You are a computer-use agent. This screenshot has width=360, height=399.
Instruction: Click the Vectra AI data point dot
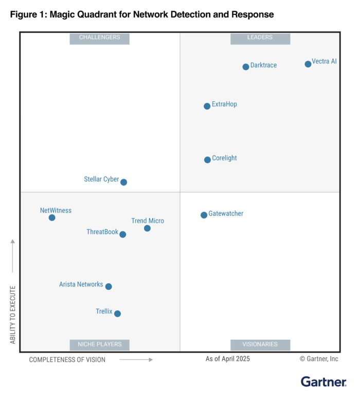[x=308, y=64]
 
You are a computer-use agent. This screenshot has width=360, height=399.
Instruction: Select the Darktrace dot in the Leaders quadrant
[x=246, y=67]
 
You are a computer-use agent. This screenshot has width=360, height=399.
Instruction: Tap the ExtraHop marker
[x=207, y=106]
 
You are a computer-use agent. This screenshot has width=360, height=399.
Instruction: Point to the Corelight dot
[x=207, y=160]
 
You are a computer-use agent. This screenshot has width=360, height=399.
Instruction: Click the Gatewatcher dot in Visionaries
[x=204, y=215]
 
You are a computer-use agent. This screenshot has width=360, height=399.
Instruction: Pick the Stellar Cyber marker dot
[x=123, y=182]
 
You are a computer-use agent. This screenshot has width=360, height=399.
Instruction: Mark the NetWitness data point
[x=52, y=218]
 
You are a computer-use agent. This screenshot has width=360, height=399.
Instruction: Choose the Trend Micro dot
[x=147, y=228]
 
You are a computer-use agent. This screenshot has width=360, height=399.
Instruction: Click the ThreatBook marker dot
[x=122, y=234]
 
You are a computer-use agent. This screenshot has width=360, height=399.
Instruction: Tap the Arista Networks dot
[x=109, y=287]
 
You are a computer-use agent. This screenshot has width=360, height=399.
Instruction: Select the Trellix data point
[x=117, y=314]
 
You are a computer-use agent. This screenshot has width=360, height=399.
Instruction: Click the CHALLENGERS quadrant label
[x=99, y=38]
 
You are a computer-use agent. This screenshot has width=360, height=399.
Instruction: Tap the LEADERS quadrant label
[x=260, y=38]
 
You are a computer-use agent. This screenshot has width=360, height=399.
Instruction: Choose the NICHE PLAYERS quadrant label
[x=99, y=344]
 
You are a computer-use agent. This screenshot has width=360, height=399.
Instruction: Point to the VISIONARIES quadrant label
[x=260, y=344]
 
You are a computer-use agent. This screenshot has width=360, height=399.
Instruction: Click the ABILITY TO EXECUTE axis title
[x=13, y=315]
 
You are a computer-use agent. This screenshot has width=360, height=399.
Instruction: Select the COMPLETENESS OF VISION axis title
[x=67, y=360]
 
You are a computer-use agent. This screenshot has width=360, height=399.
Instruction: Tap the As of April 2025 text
[x=228, y=359]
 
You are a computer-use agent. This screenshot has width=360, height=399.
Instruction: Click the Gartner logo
[x=323, y=382]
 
